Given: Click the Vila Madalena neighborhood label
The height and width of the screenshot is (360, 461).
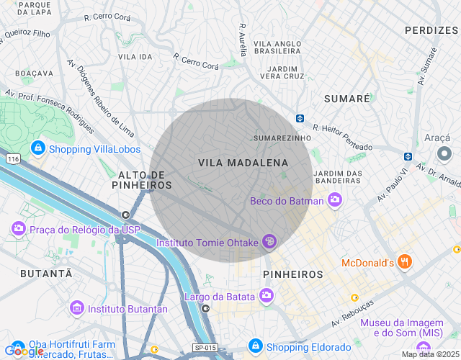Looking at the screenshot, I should click(x=243, y=163).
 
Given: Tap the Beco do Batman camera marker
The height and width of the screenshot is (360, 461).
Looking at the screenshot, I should click(x=334, y=199).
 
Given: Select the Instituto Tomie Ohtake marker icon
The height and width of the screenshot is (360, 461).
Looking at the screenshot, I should click(x=269, y=242).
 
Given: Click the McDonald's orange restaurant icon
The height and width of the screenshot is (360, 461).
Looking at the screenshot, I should click(x=406, y=262).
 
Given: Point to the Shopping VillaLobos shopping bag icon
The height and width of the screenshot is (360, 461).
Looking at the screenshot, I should click(x=37, y=148).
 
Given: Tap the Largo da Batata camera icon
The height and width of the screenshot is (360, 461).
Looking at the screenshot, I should click(x=267, y=295).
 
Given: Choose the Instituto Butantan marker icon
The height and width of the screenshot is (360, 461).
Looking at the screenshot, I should click(x=76, y=308).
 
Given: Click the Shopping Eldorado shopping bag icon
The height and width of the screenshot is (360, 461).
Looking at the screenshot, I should click(x=254, y=346).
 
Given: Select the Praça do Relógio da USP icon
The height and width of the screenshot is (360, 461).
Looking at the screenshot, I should click(x=19, y=229).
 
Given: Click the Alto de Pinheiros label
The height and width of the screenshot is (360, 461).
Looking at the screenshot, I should click(x=142, y=180).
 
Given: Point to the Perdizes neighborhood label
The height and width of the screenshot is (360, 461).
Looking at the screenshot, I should click(x=431, y=30).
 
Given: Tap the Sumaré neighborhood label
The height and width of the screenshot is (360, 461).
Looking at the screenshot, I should click(x=346, y=98).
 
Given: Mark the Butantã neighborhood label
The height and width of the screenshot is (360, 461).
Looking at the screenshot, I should click(x=46, y=274).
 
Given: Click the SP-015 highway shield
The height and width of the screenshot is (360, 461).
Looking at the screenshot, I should click(x=205, y=348).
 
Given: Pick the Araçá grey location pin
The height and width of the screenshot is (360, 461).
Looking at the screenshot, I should click(x=444, y=153).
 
